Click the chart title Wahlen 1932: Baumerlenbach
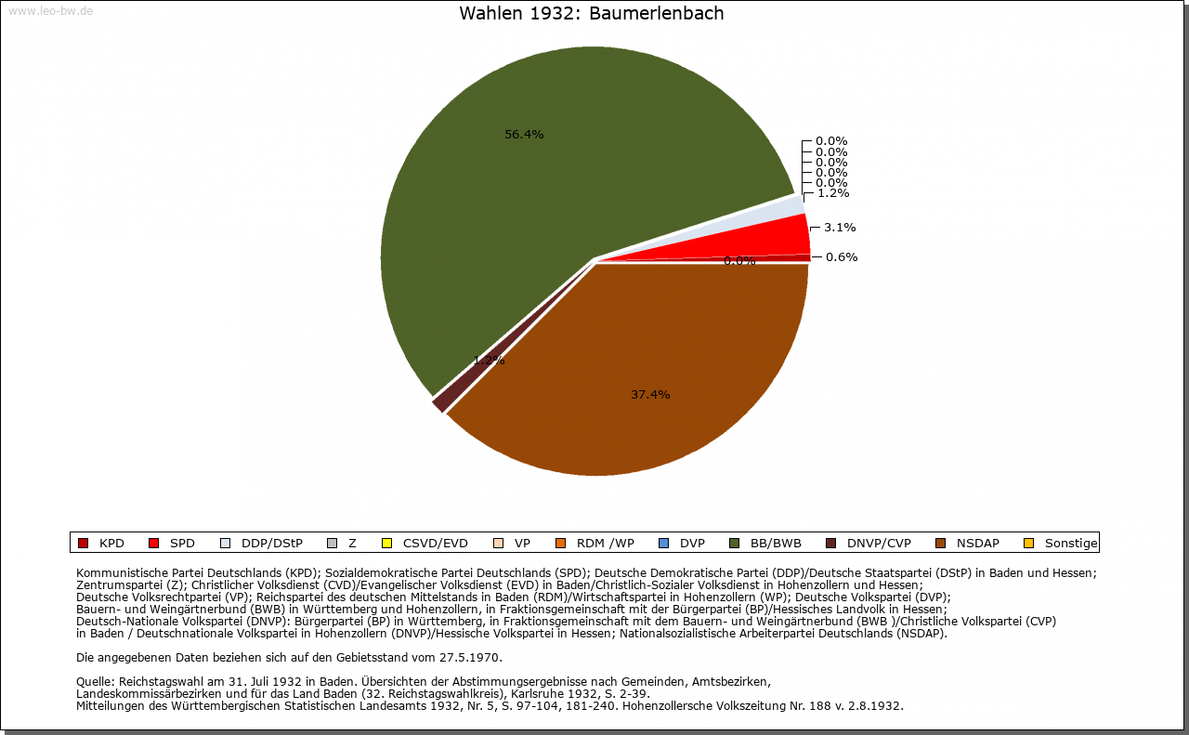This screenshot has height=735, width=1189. (x=592, y=14)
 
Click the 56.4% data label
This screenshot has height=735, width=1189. (x=524, y=135)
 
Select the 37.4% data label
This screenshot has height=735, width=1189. (x=650, y=395)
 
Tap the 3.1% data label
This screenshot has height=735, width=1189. (x=840, y=228)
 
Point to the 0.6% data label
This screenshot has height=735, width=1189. (x=842, y=257)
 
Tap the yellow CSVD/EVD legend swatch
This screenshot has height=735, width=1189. (x=387, y=544)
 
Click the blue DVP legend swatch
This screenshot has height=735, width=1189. (x=663, y=544)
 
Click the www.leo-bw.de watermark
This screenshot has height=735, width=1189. (x=50, y=11)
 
